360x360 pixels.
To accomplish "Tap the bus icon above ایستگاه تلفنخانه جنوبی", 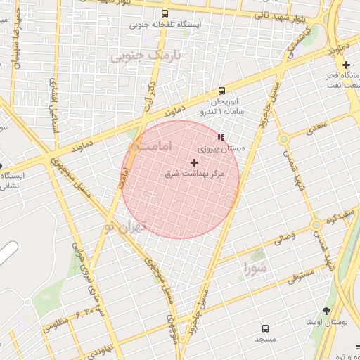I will [165, 13].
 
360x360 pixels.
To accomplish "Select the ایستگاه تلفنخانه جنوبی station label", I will [165, 25].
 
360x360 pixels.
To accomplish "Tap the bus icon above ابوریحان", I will [221, 91].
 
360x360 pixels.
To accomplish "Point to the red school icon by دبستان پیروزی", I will [221, 137].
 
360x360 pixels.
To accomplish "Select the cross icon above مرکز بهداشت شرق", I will [195, 162].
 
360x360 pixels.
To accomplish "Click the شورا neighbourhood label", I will [255, 267].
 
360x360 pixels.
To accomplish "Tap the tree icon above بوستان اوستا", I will [327, 310].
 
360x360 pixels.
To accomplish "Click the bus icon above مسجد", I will [265, 328].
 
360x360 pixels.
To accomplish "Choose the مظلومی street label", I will [56, 326].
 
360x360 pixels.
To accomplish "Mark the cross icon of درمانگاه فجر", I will [345, 65].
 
